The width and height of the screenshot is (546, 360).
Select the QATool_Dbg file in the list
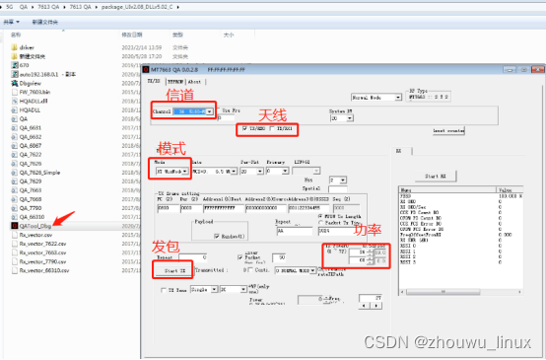[x=34, y=227]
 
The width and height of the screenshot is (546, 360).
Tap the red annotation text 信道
[x=179, y=96]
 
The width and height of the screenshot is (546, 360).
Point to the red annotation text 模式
[x=171, y=146]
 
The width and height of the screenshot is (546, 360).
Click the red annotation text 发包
[x=166, y=245]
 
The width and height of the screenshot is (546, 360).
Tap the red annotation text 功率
[x=367, y=230]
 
